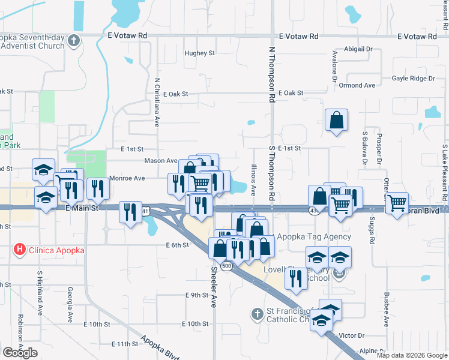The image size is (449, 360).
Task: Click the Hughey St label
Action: tap(200, 53)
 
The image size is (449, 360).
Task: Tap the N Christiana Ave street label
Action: tap(157, 102)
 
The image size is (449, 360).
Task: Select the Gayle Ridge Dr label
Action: tap(413, 79)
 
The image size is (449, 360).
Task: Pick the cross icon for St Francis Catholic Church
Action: tap(257, 313)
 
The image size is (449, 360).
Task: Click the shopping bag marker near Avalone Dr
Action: tap(336, 120)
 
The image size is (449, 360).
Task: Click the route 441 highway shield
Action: tap(146, 211)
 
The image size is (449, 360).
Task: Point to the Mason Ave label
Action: tap(160, 161)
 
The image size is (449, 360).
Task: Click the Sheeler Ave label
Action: tap(213, 287)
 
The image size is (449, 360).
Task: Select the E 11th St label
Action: tap(125, 344)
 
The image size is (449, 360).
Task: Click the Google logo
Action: tap(20, 353)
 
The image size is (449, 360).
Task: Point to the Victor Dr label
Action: tap(352, 335)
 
